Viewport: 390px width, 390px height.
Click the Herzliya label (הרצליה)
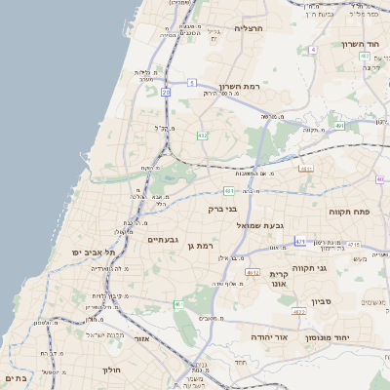pos(251,29)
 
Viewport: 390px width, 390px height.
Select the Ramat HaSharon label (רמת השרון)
pos(236,85)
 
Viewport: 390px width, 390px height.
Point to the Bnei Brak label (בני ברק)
pos(223,208)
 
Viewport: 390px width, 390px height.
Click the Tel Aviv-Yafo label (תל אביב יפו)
pos(93,252)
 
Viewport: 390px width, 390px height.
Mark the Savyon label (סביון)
pos(323,301)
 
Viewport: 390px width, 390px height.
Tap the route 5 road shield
pos(193,82)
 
